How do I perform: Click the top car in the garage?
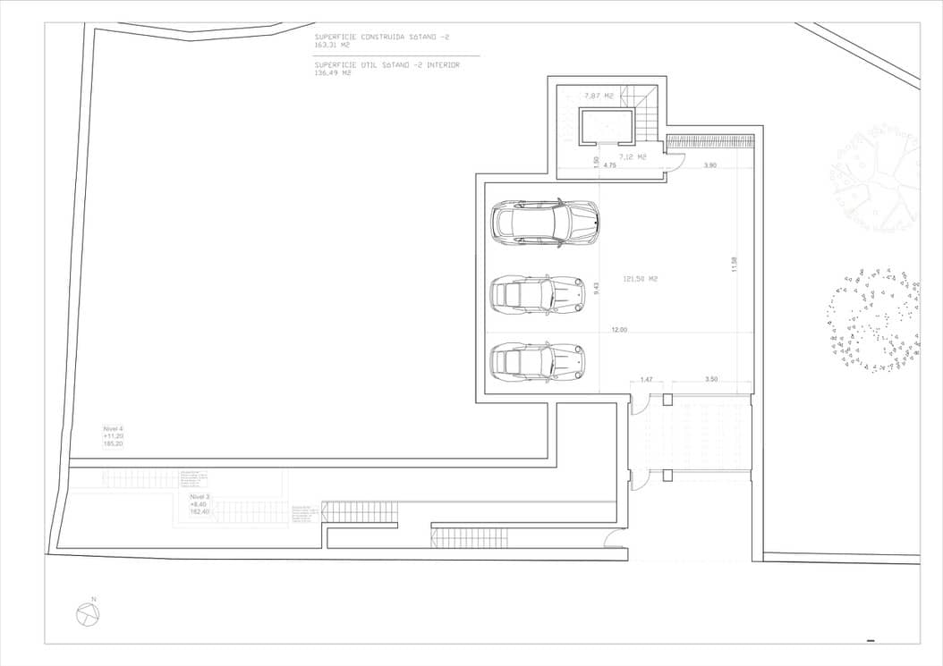545,223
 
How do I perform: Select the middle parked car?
538,294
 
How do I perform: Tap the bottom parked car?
537,361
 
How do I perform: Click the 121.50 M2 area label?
641,279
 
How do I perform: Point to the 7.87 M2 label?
599,95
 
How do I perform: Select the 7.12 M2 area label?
632,156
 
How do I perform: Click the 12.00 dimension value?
619,330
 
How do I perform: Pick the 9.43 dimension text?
596,288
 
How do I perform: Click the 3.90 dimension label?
709,165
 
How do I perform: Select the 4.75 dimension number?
609,165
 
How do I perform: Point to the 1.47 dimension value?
646,380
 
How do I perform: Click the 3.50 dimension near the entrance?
710,380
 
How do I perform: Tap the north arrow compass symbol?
88,614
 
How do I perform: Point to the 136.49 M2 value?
332,73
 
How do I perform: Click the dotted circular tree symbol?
873,318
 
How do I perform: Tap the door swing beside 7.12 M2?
675,162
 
